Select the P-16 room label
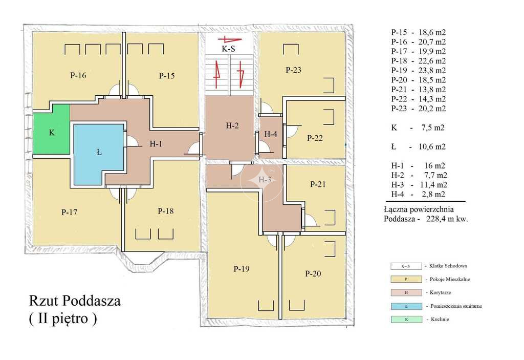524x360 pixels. [78, 75]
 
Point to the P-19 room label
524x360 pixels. [242, 269]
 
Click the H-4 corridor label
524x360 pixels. [271, 134]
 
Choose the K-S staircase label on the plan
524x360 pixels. [229, 49]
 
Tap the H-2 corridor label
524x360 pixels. [232, 125]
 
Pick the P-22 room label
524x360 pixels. [315, 138]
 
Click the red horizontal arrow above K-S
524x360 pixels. [230, 39]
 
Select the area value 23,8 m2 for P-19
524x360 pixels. [432, 70]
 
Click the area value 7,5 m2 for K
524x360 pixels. [433, 128]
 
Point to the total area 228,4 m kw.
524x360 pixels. [447, 219]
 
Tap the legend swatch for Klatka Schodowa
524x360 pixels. [406, 266]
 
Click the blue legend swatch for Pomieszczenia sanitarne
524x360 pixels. [406, 306]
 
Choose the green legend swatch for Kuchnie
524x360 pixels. [406, 319]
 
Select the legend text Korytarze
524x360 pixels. [441, 292]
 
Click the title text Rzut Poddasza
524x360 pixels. [75, 301]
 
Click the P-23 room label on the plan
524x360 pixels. [293, 70]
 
